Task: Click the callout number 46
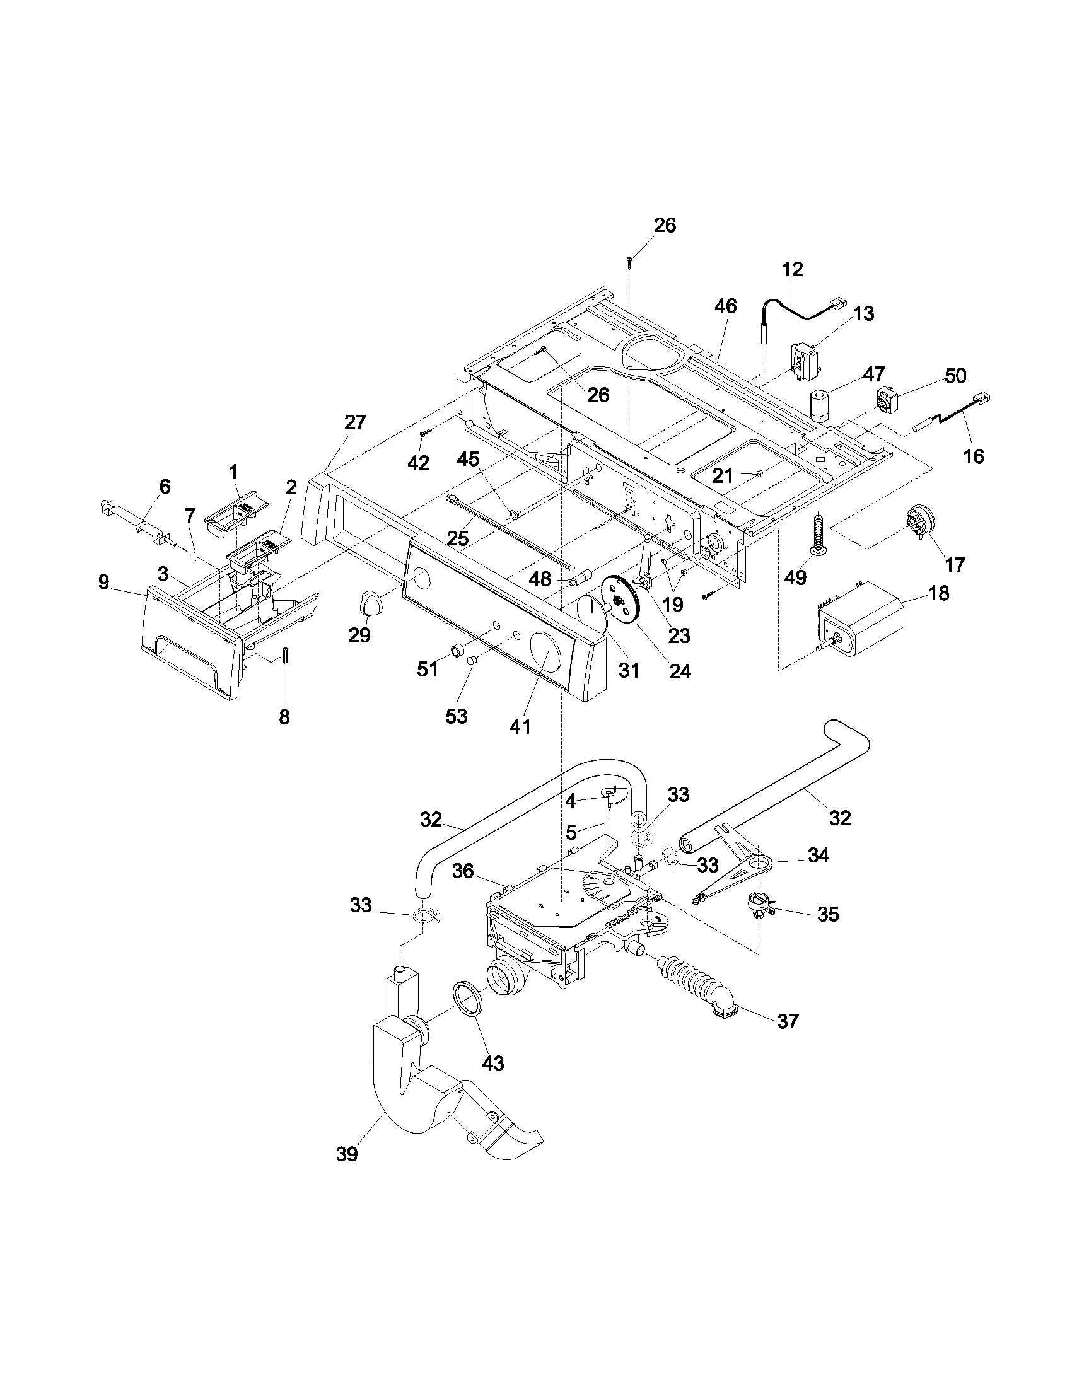click(x=726, y=306)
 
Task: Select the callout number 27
click(x=355, y=422)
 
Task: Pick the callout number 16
click(x=974, y=456)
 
